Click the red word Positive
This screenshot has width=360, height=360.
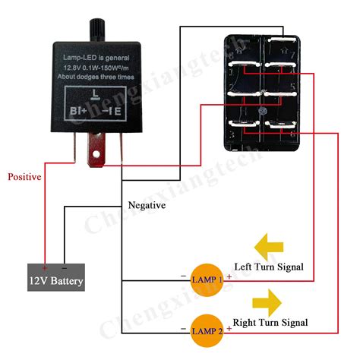tap(24, 176)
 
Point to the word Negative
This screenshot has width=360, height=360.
tap(147, 206)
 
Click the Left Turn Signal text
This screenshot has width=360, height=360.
tap(269, 267)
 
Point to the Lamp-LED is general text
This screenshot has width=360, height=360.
tap(95, 58)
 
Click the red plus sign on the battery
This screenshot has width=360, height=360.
tap(45, 268)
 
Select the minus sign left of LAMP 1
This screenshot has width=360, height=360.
tap(183, 276)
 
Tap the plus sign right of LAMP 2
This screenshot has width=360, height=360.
tap(228, 328)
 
